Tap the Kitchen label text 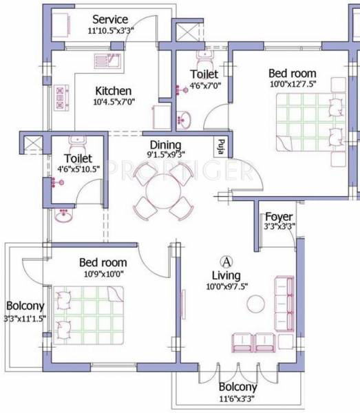pyautogui.click(x=114, y=91)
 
